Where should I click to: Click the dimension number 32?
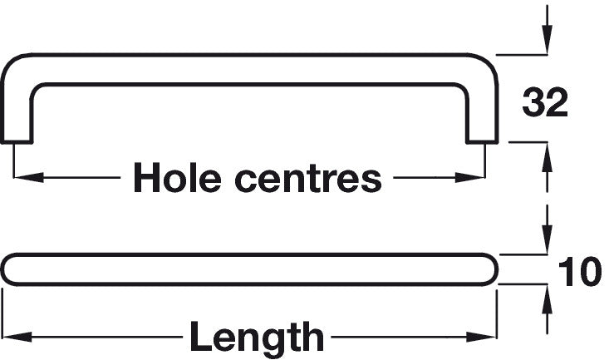[x=545, y=102]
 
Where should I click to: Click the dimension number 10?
[x=579, y=272]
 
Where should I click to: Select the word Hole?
[x=178, y=177]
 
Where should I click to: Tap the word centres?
[x=308, y=180]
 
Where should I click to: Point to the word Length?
[x=257, y=337]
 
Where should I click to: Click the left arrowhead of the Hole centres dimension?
[x=28, y=177]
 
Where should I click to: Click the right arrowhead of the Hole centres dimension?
[x=470, y=177]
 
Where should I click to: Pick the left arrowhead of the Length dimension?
[x=17, y=337]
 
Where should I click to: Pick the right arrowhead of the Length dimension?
[x=482, y=337]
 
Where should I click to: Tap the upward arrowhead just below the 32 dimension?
[x=548, y=157]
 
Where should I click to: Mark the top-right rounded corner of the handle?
[x=485, y=64]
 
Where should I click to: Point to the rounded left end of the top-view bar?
[x=6, y=270]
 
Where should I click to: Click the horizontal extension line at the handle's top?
[x=522, y=55]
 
